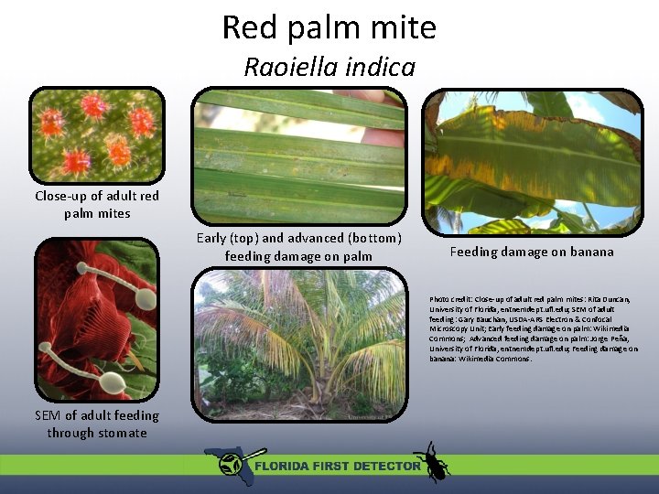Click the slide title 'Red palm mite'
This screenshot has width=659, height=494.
tap(329, 27)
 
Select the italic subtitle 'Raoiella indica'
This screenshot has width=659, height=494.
tap(329, 67)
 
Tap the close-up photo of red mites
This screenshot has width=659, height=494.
tap(96, 134)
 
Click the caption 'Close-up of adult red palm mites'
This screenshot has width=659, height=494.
tap(97, 204)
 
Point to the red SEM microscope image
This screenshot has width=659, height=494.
tap(96, 319)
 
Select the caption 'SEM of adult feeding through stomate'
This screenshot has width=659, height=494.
tap(97, 424)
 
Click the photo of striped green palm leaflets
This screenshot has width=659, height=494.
tap(300, 156)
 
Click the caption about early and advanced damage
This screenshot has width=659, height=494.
tap(299, 247)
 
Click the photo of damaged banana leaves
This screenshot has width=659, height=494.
tap(532, 162)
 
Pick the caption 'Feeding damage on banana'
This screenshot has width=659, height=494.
tap(532, 252)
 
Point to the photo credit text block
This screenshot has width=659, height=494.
tap(534, 328)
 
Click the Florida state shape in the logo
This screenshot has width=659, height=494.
tap(226, 463)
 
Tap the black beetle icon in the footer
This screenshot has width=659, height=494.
tap(431, 461)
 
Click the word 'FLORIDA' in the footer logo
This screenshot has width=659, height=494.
tap(284, 466)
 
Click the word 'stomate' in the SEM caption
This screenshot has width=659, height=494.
tap(123, 433)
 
